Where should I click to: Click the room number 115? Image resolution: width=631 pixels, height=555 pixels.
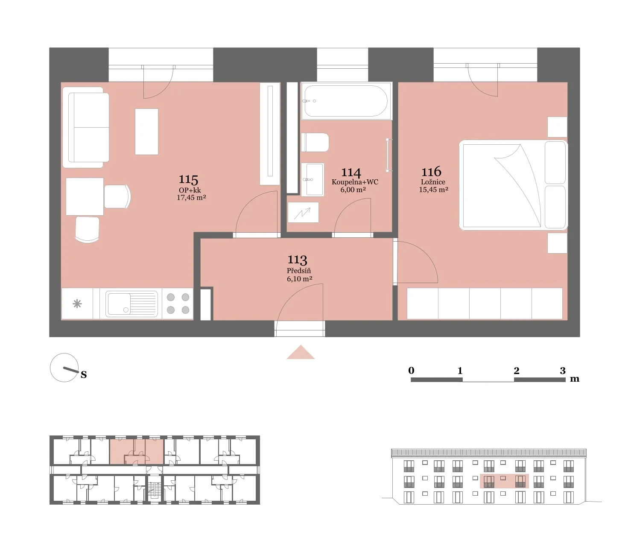point(188,179)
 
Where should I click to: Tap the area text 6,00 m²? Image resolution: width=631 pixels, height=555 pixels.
point(353,190)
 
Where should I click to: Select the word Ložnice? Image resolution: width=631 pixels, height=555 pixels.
point(433,182)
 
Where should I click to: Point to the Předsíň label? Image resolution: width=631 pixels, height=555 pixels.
point(299,271)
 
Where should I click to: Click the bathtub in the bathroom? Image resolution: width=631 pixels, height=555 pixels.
point(346,101)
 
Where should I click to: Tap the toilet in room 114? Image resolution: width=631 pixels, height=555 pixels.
point(315,143)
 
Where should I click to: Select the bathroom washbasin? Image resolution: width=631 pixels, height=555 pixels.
point(313,179)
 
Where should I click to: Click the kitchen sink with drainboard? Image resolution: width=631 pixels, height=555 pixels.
point(131,304)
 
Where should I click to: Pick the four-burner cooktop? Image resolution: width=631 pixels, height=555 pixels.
point(178,304)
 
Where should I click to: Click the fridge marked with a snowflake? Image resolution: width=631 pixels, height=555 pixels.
point(77,304)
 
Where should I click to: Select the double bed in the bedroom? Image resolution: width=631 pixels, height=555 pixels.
point(513,185)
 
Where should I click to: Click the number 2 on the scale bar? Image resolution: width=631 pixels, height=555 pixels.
point(517,371)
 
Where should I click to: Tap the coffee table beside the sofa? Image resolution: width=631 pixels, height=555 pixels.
point(146,131)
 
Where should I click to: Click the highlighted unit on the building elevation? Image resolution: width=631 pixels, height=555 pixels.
point(504,481)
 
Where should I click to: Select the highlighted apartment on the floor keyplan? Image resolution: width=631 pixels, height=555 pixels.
point(137,451)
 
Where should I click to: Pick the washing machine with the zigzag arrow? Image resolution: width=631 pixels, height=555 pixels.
point(303,213)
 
